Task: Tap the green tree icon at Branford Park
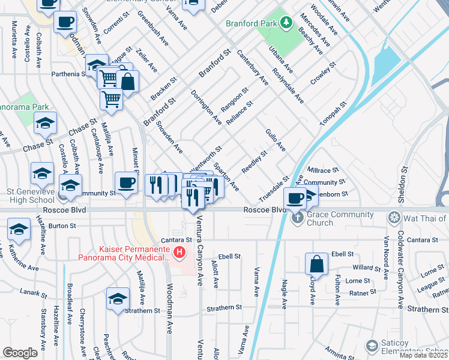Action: pyautogui.click(x=287, y=23)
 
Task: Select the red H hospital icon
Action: pyautogui.click(x=177, y=251)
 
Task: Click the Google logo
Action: pyautogui.click(x=20, y=352)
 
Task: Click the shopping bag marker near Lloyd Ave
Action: pyautogui.click(x=316, y=263)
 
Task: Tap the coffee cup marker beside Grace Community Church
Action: pyautogui.click(x=294, y=197)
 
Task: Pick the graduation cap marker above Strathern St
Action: pyautogui.click(x=118, y=298)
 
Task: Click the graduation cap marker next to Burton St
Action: pyautogui.click(x=19, y=229)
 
